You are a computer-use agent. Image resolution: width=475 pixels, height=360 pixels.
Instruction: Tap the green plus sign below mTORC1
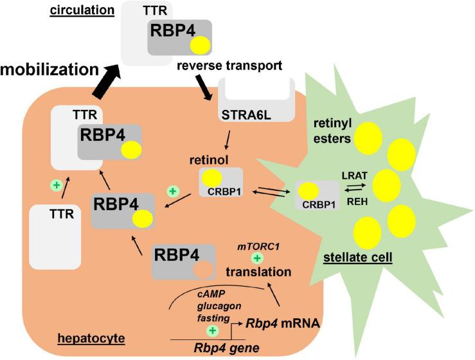pyautogui.click(x=257, y=258)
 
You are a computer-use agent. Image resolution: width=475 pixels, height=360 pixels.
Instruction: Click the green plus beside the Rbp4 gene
pyautogui.click(x=213, y=330)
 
